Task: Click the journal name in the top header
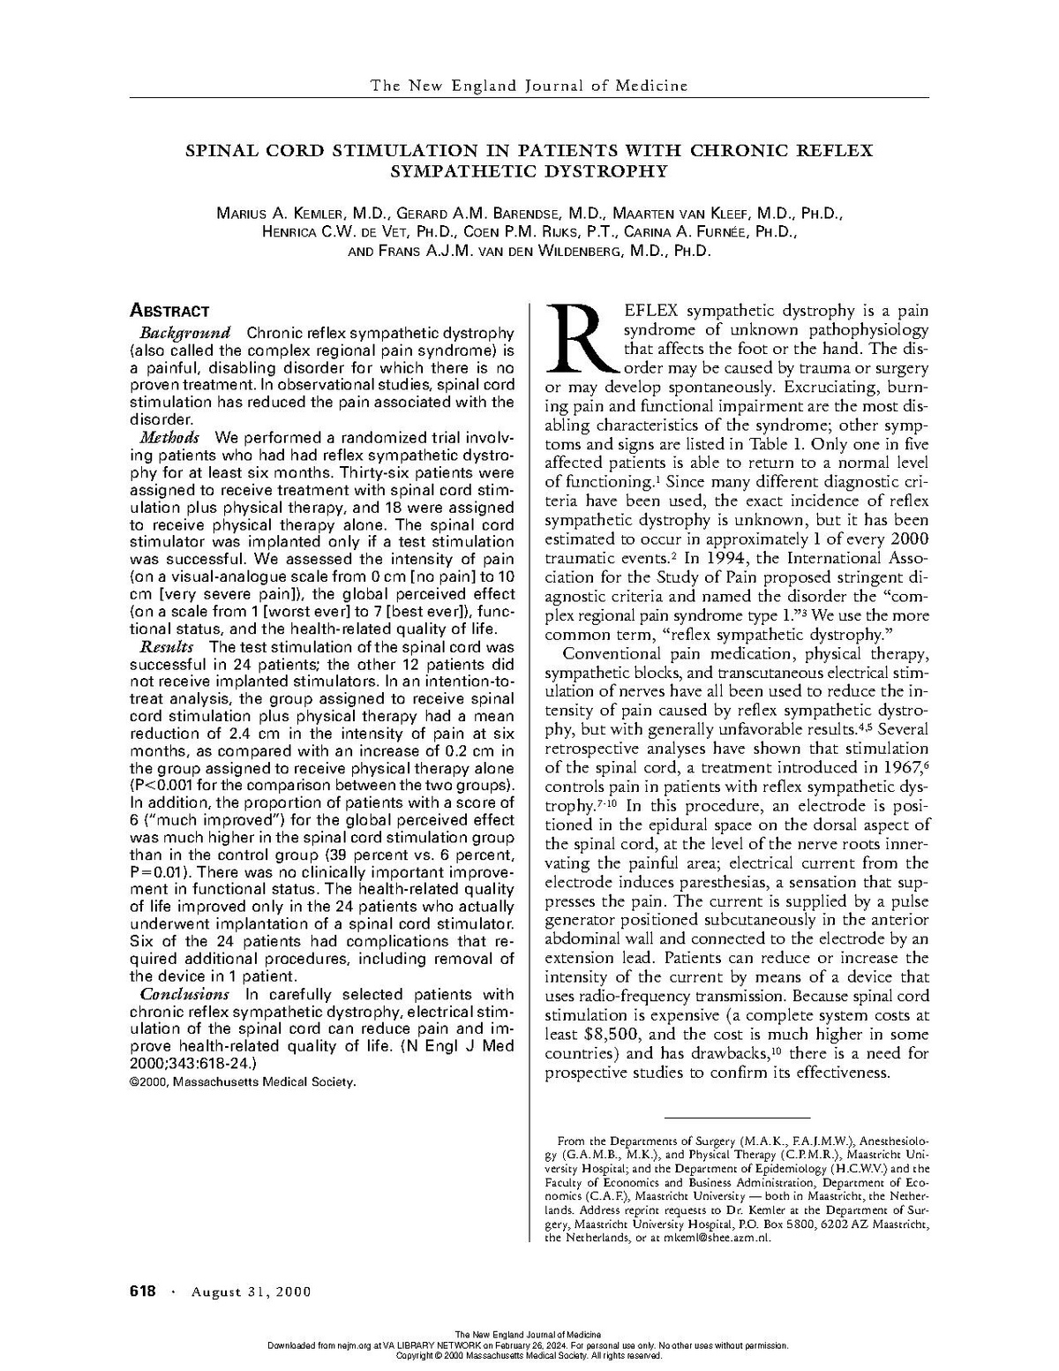pyautogui.click(x=529, y=86)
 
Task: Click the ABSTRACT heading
pyautogui.click(x=169, y=311)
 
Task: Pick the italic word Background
pyautogui.click(x=184, y=333)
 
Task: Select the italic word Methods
pyautogui.click(x=169, y=438)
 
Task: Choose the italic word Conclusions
pyautogui.click(x=185, y=994)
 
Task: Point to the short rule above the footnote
pyautogui.click(x=737, y=1118)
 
